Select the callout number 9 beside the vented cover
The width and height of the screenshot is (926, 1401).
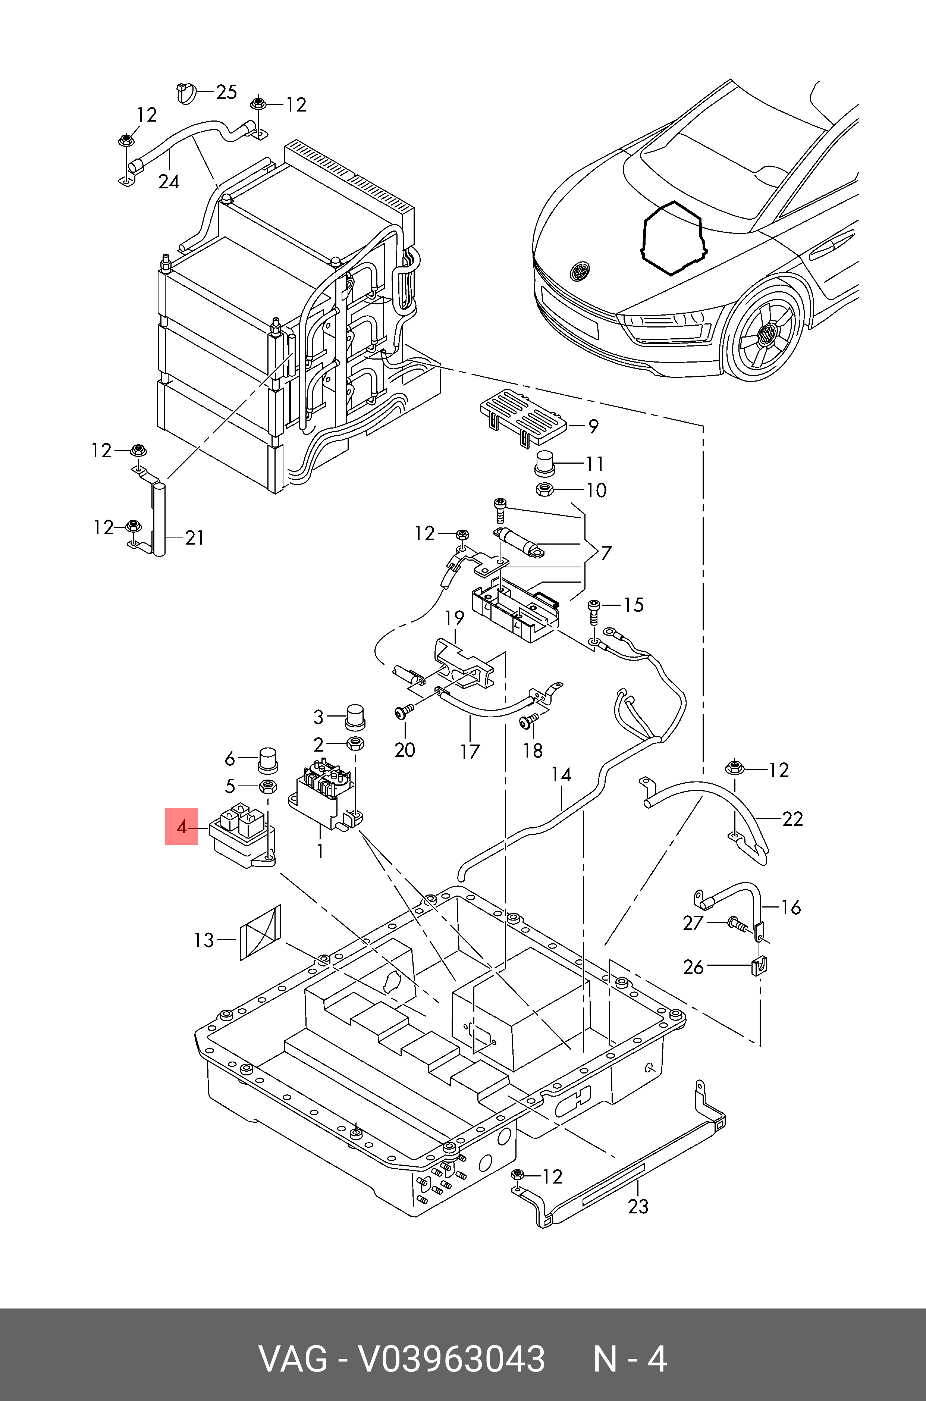(593, 426)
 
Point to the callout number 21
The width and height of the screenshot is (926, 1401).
(194, 538)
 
